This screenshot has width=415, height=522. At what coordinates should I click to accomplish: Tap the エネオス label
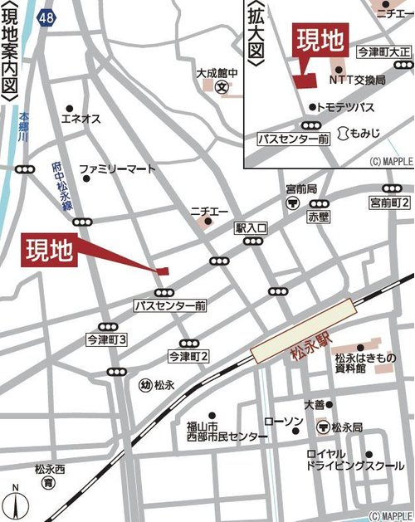point(81,119)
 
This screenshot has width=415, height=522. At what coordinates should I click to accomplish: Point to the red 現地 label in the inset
point(320,38)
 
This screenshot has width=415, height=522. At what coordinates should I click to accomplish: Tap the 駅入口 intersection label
point(251,227)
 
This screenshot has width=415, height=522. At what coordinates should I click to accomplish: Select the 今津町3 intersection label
point(105,340)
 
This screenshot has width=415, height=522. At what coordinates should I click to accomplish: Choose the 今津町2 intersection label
point(188,356)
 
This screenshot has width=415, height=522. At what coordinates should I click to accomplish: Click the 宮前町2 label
point(390,202)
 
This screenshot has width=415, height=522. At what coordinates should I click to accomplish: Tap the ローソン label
point(283,422)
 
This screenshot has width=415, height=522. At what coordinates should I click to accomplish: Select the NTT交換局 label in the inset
point(358,80)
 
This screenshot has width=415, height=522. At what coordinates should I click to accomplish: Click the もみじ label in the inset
point(365,133)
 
